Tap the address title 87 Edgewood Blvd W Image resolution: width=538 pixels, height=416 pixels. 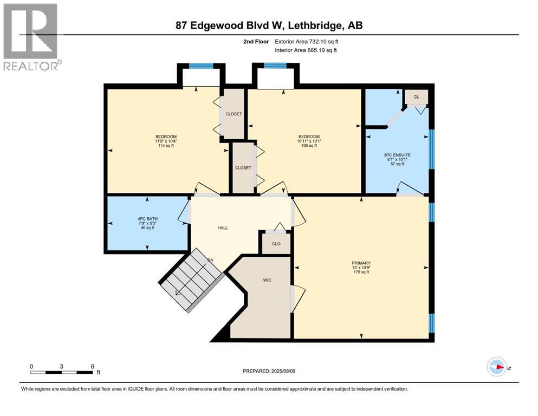point(269,25)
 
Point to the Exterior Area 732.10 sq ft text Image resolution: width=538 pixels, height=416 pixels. point(309,41)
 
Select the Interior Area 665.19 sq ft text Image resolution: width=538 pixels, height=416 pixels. point(309,50)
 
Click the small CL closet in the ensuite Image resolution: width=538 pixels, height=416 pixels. point(417,97)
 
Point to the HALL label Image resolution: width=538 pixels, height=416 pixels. point(223,228)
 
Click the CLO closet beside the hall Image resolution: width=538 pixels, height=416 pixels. point(276,243)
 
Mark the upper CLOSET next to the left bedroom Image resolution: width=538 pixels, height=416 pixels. point(234,114)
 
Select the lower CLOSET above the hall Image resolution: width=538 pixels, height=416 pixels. point(243,168)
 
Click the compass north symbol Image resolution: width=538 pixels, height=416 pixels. point(496,367)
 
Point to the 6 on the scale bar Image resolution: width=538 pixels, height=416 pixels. point(93,366)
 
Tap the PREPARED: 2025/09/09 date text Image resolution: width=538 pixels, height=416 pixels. point(269,371)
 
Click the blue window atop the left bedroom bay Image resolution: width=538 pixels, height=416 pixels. point(200,66)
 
